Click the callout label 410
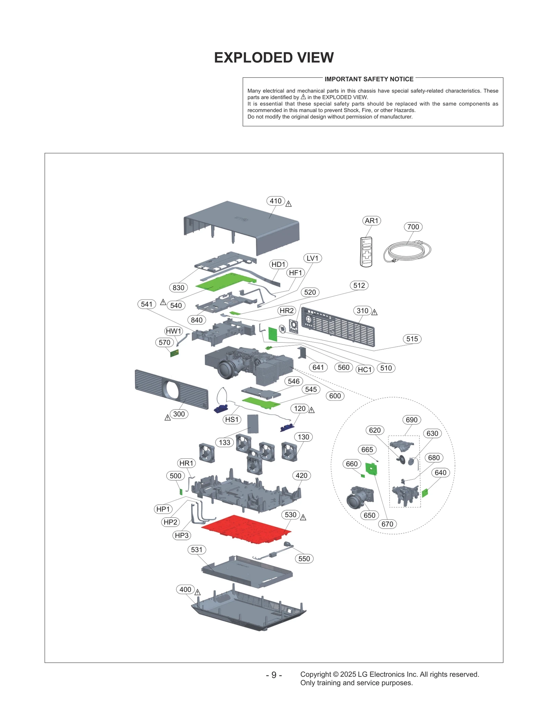[275, 201]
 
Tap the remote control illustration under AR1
[366, 252]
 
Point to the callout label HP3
[182, 535]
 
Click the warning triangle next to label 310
[374, 312]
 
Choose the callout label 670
[387, 524]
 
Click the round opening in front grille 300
[172, 390]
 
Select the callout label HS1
[232, 419]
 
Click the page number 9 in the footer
[274, 675]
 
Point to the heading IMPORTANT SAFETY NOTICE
[369, 79]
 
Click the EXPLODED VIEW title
[274, 58]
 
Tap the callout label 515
[412, 339]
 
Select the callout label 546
[294, 381]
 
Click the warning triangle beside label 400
[198, 592]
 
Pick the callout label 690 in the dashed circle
[411, 420]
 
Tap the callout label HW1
[173, 331]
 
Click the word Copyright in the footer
[315, 674]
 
